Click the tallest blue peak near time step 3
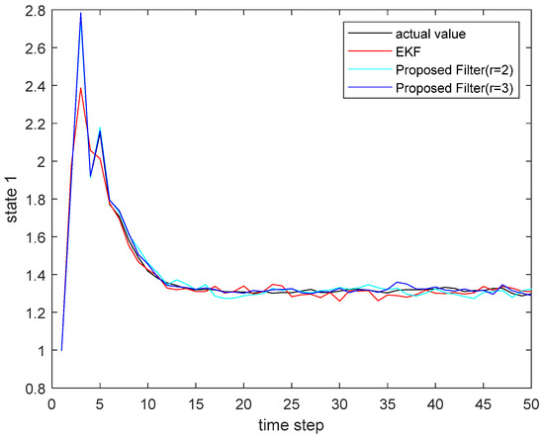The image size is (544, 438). pos(80,13)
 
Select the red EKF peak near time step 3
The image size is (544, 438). pos(80,88)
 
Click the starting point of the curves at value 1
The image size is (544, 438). pos(61,350)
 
